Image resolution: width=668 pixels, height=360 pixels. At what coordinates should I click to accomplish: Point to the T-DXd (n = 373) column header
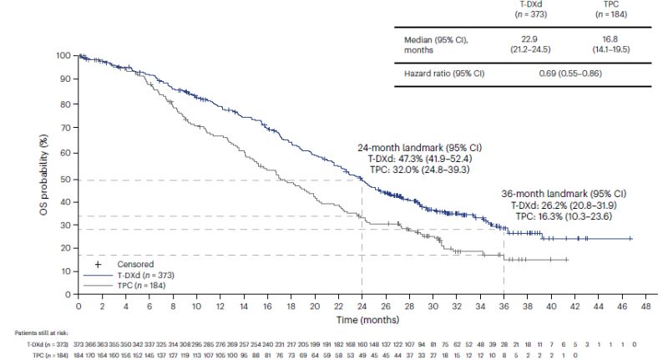click(x=525, y=9)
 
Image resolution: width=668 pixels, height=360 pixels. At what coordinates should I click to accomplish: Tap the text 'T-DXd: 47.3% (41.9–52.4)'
click(x=415, y=158)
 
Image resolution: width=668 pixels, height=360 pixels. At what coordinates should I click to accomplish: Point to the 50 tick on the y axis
click(x=68, y=179)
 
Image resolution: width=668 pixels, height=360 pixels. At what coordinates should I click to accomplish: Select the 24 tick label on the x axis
click(x=362, y=307)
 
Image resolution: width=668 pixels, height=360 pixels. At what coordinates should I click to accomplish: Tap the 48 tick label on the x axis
click(x=645, y=307)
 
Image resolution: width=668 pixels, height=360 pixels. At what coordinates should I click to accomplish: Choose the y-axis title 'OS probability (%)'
click(x=42, y=175)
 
